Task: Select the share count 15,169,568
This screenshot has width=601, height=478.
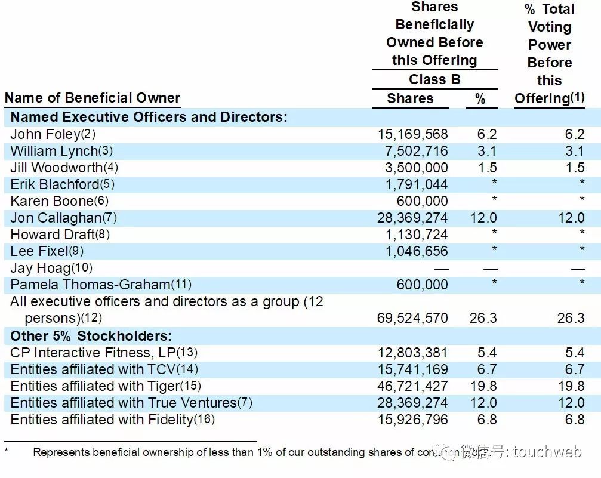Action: coord(412,134)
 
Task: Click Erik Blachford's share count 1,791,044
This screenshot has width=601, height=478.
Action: coord(416,184)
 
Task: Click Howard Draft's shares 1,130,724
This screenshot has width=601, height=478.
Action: coord(416,235)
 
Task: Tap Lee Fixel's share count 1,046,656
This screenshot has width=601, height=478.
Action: coord(416,251)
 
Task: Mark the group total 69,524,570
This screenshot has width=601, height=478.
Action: coord(412,318)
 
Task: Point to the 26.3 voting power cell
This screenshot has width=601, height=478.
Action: coord(571,318)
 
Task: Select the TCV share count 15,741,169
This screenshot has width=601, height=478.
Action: coord(412,369)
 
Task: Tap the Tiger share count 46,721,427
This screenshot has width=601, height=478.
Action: coord(412,386)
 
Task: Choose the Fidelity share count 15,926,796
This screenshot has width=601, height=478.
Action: coord(412,420)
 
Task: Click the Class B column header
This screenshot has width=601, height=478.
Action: coord(434,79)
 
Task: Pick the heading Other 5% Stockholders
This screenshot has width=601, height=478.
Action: coord(91,335)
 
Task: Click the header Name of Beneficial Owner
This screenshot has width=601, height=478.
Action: coord(92,98)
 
